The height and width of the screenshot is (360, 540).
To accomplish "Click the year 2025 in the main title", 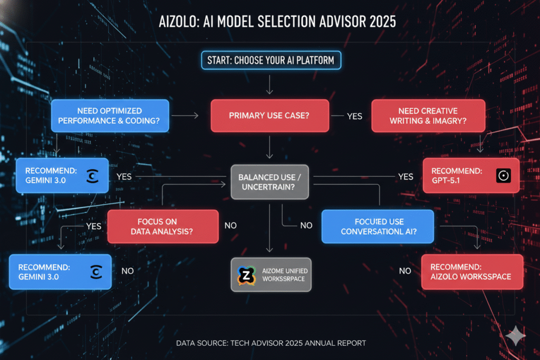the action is [383, 22].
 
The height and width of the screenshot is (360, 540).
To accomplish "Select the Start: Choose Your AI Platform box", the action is [271, 60].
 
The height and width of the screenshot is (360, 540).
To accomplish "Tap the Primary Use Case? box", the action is [269, 115].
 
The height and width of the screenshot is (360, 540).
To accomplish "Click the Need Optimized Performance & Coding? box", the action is [110, 115].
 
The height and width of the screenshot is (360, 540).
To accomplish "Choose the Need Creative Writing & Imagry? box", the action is [428, 115].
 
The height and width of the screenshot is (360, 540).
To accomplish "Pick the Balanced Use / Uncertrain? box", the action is [269, 182].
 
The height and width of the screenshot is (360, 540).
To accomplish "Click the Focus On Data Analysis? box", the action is [163, 227].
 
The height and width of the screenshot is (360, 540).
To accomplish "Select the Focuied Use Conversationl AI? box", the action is [378, 227].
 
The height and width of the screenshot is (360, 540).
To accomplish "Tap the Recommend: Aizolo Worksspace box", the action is [472, 272].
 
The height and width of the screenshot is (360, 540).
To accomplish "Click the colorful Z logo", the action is [247, 275].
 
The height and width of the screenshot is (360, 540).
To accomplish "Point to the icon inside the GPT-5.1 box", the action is [504, 176].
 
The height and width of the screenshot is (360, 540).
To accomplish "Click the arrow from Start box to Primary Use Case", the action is [269, 84].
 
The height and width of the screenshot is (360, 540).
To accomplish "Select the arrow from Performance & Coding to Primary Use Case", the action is [185, 115].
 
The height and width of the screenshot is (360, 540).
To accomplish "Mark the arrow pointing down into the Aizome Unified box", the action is [269, 228].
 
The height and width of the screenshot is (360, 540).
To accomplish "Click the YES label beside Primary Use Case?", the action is [354, 116].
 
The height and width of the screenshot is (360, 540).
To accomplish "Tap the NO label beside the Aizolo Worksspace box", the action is [405, 271].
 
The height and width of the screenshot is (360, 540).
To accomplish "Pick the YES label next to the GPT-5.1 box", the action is [406, 177].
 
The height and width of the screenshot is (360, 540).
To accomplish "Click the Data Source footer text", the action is [271, 343].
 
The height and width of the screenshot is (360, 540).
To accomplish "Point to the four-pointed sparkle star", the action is [516, 335].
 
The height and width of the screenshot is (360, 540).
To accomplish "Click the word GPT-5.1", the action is [446, 180].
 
